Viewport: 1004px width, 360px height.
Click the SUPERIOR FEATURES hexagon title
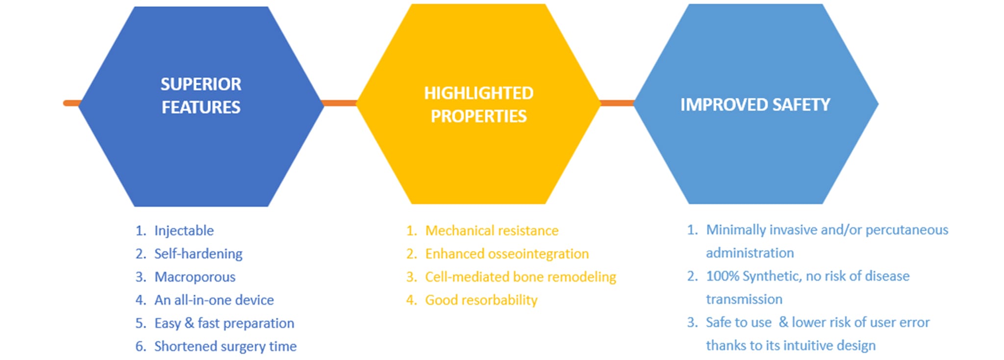201,96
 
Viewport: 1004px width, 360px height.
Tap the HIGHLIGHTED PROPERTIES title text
478,104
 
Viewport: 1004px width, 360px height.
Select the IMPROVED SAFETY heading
755,104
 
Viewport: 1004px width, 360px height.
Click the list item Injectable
184,231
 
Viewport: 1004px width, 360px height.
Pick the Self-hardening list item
199,254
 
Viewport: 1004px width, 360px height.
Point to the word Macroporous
195,277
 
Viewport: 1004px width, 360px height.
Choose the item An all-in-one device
214,300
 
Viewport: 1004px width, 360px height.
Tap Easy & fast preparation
224,323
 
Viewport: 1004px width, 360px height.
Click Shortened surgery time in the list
226,346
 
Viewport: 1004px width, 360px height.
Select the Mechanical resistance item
492,231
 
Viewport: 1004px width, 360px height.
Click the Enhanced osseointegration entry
507,254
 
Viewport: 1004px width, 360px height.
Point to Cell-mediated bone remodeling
521,277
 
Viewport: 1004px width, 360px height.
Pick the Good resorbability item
481,300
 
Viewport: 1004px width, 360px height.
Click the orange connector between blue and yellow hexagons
339,103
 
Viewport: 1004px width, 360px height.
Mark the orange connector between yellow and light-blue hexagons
617,103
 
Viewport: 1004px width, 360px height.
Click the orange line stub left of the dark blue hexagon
72,103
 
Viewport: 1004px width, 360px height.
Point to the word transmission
744,299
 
